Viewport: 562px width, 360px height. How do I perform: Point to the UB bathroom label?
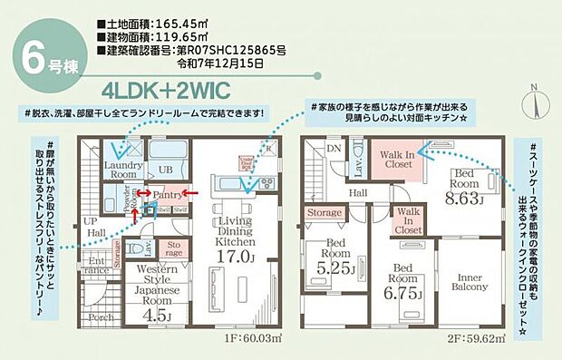[165, 170]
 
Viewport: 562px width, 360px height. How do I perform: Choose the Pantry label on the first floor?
[169, 195]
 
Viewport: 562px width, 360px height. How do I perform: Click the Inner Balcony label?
[470, 281]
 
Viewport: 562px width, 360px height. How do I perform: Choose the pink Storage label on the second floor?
[324, 214]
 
